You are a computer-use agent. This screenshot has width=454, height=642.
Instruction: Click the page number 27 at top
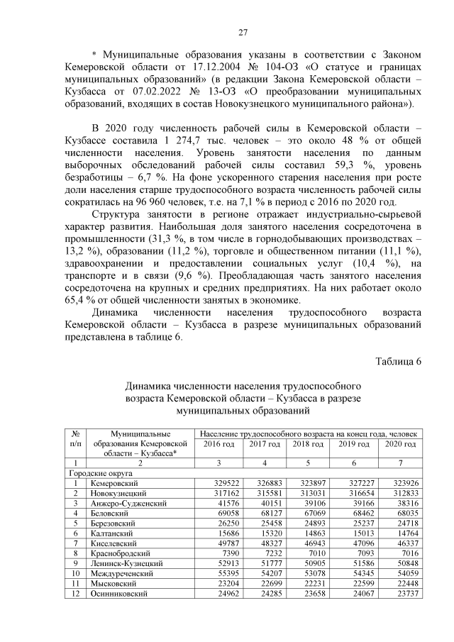pos(242,33)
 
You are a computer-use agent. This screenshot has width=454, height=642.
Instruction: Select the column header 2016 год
pos(218,443)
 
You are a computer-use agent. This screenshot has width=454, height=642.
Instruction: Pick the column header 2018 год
pos(309,443)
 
